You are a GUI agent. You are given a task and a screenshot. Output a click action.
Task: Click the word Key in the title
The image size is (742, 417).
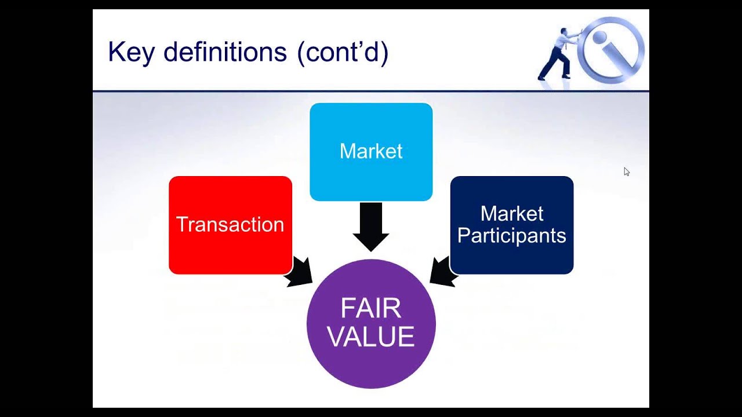coord(132,53)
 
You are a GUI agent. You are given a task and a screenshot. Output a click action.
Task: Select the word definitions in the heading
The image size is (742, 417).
coord(225,53)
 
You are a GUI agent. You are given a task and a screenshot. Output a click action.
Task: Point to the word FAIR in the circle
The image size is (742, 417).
coord(371,309)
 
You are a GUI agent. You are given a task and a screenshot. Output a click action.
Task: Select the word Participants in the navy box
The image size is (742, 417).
coord(511,236)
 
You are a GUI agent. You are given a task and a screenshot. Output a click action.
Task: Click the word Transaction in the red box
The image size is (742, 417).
coord(230,225)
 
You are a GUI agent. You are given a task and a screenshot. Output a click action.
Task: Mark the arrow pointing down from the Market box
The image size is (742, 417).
coord(371,226)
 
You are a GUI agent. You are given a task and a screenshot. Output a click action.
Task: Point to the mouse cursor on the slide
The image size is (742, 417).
coord(626,171)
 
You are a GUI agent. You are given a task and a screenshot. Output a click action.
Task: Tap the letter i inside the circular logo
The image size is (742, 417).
coord(612,49)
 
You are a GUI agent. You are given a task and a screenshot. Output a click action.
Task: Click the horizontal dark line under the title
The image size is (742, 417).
coord(371,91)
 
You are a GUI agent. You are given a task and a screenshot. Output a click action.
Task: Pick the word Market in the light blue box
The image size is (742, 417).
coord(371,151)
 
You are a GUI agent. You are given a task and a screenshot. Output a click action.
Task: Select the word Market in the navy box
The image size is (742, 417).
coord(511,214)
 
